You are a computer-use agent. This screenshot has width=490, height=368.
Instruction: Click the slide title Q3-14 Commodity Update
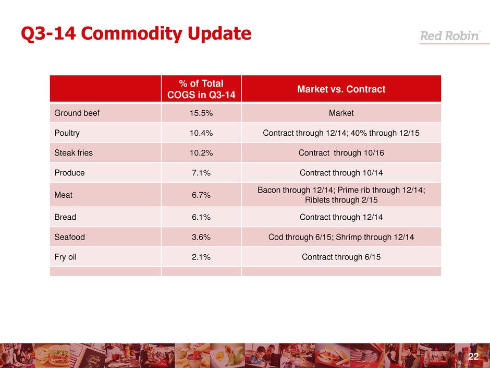[x=136, y=34]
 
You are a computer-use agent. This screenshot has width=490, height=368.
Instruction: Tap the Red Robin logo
[x=450, y=37]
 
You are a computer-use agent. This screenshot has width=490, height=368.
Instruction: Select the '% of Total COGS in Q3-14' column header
[x=201, y=89]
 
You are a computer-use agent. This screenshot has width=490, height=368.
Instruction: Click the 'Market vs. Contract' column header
[x=341, y=89]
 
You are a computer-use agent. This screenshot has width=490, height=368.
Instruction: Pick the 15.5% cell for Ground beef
[x=201, y=113]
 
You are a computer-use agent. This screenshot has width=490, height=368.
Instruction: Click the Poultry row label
[x=67, y=133]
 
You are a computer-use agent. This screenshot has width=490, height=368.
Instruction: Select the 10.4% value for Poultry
[x=201, y=133]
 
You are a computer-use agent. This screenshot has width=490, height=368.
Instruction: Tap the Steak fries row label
[x=72, y=153]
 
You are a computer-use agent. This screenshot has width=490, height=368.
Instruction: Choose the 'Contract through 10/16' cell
[x=341, y=153]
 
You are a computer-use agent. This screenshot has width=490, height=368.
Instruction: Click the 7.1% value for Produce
[x=201, y=173]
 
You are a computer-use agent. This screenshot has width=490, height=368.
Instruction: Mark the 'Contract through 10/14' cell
[x=341, y=173]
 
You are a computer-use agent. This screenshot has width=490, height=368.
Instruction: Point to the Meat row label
[x=64, y=195]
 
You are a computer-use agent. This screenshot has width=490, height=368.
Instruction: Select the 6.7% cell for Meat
[x=201, y=195]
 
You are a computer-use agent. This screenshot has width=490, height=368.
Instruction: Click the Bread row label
[x=65, y=217]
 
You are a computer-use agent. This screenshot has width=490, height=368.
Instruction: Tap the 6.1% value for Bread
[x=201, y=217]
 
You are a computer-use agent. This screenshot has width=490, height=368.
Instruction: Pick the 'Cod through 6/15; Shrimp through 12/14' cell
[x=341, y=236]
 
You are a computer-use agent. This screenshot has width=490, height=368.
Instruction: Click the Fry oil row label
[x=67, y=257]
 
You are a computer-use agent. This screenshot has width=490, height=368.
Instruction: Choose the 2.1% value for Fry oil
[x=201, y=257]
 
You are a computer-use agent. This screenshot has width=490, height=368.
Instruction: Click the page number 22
[x=473, y=357]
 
